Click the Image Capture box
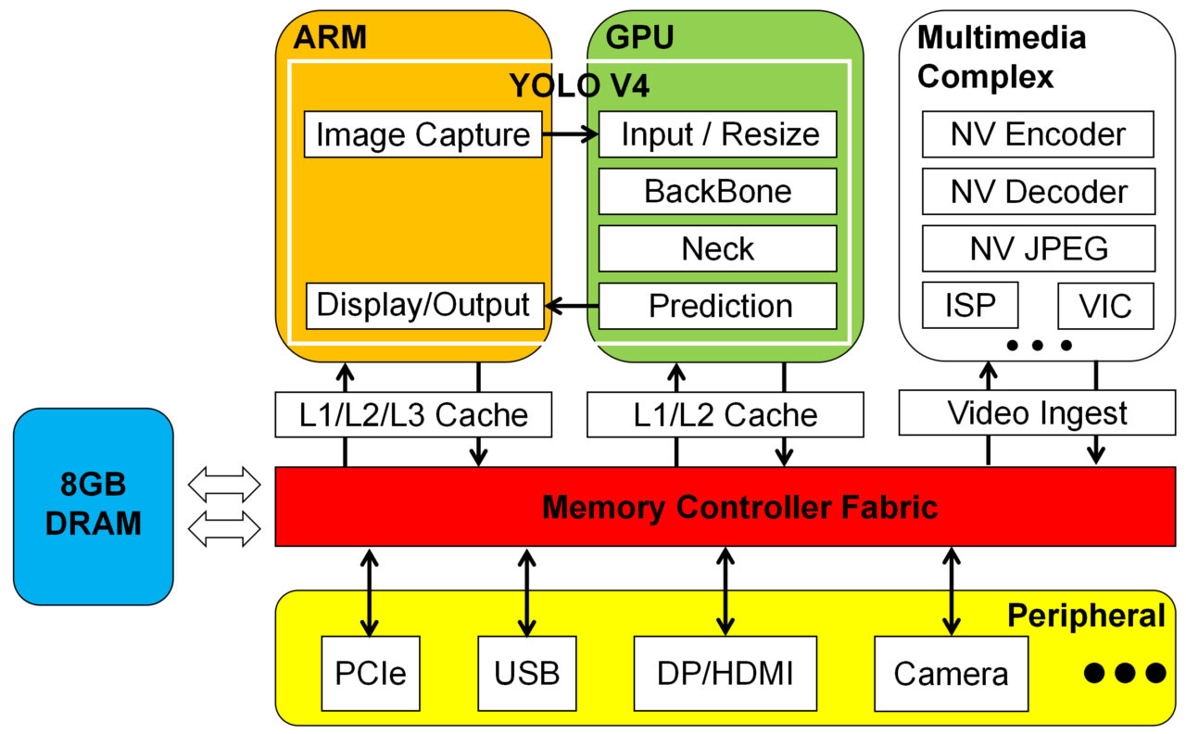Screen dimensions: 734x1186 point(423,135)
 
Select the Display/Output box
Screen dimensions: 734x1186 point(423,306)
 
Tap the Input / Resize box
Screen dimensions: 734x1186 point(718,135)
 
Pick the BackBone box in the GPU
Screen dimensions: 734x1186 point(718,192)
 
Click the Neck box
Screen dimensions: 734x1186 point(718,248)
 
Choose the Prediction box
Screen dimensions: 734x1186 point(718,306)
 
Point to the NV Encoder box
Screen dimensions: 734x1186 point(1038,135)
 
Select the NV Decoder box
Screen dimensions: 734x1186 point(1038,192)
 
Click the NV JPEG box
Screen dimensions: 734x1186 point(1038,248)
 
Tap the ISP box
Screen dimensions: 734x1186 point(970,306)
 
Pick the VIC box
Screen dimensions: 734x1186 point(1105,306)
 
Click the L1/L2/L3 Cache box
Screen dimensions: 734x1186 point(413,414)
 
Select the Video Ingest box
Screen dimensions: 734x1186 point(1037,412)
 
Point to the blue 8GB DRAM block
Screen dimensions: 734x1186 point(94,507)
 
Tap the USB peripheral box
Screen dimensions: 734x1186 point(526,673)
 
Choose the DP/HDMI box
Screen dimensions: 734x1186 point(725,673)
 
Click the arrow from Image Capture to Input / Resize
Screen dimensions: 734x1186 point(570,135)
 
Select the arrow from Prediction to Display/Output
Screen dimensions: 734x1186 point(571,306)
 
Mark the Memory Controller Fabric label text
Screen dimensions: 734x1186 point(739,508)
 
